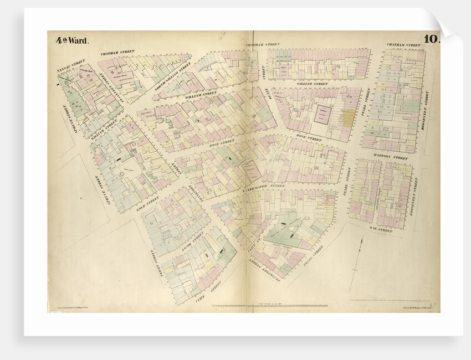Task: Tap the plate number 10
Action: point(431,39)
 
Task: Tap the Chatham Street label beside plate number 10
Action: point(403,44)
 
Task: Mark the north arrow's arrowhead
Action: point(361,240)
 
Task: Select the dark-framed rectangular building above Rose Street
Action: point(322,115)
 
